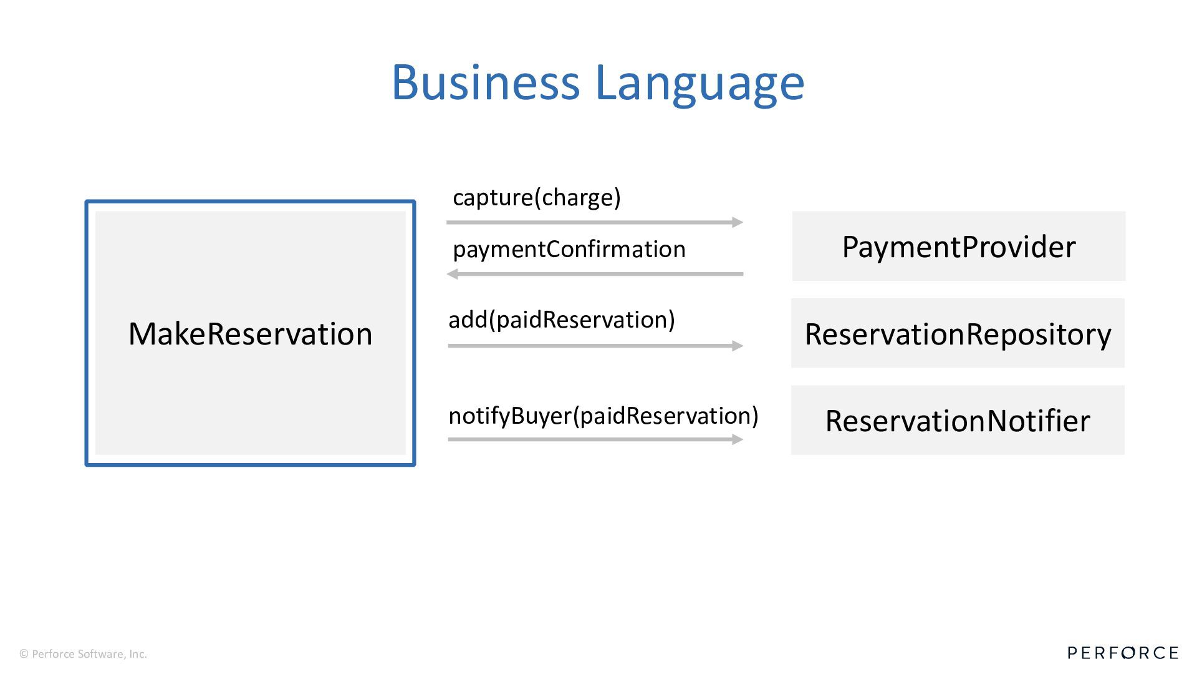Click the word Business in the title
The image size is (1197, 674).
(486, 82)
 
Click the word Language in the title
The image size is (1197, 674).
(699, 84)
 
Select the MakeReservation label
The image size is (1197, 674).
(250, 334)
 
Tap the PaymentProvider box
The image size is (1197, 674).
(958, 247)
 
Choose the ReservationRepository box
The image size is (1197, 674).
(958, 333)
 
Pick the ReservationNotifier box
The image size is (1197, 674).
(958, 420)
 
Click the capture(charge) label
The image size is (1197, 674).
(536, 197)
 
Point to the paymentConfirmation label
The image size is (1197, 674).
(569, 249)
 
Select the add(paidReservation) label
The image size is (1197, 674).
(561, 320)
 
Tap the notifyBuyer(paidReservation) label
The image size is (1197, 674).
(603, 416)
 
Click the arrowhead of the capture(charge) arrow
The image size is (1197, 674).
(738, 222)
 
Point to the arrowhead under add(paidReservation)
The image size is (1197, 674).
(738, 346)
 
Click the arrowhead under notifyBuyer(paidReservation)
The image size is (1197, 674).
(738, 439)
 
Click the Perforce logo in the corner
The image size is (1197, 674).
(1122, 653)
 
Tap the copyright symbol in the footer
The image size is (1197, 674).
(24, 654)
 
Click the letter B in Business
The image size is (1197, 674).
(405, 82)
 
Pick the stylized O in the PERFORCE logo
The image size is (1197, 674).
(1128, 653)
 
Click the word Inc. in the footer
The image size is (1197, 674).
(138, 654)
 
